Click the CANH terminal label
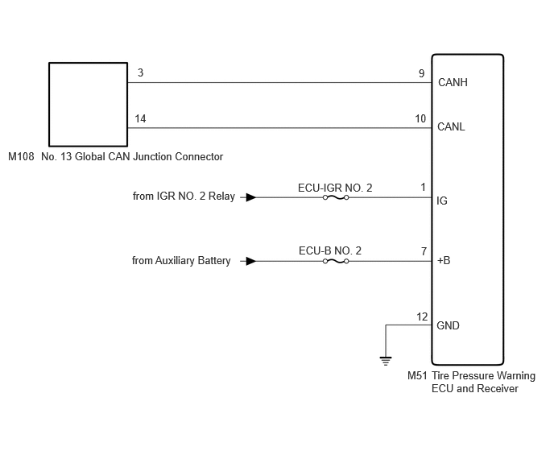[x=453, y=82]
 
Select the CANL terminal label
[x=451, y=126]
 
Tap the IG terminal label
[x=442, y=201]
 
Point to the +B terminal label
[x=444, y=260]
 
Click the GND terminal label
[x=448, y=325]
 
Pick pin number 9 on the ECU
[x=421, y=73]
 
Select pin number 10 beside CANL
[x=420, y=118]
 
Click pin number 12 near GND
[x=422, y=317]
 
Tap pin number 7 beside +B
[x=424, y=251]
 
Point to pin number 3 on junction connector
[x=140, y=72]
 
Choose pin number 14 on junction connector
[x=140, y=118]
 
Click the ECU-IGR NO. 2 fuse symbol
[x=336, y=197]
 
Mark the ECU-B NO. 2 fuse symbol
[x=336, y=261]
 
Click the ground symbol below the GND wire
[x=386, y=362]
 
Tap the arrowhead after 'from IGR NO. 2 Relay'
[x=251, y=197]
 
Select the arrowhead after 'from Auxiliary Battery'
[x=251, y=261]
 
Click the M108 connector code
[x=21, y=156]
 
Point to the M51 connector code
[x=417, y=375]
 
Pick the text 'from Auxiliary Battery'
[x=181, y=261]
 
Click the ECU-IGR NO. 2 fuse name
[x=335, y=188]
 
